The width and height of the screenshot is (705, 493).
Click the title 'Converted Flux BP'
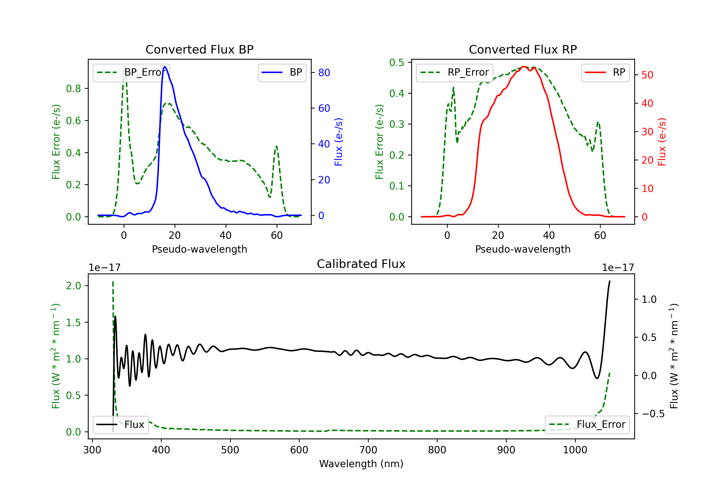click(x=199, y=49)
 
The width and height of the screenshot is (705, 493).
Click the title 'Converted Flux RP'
click(x=523, y=49)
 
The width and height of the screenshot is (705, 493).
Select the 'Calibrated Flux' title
click(x=361, y=264)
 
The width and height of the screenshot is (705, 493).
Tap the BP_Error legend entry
click(x=131, y=72)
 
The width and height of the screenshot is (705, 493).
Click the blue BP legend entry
click(x=282, y=72)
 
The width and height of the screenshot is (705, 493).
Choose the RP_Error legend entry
click(x=454, y=72)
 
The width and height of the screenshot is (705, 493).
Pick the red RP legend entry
click(x=605, y=72)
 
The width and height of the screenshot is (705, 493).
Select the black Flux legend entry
click(x=120, y=425)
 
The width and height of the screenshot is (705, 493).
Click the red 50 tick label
click(x=647, y=75)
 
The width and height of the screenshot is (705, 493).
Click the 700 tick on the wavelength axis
click(x=368, y=450)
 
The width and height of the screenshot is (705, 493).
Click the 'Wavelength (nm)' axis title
click(x=361, y=464)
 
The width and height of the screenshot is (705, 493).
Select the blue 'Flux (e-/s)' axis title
click(x=338, y=142)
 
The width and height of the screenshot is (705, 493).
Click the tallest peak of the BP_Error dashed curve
click(x=125, y=67)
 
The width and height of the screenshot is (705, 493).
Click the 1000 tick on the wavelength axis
click(x=575, y=450)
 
